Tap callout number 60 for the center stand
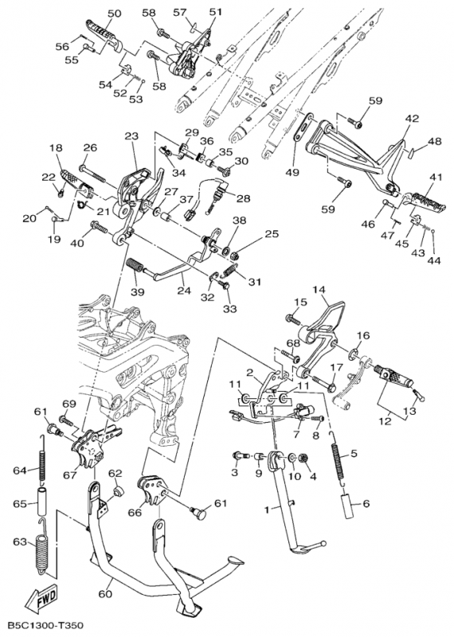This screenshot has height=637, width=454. [x=105, y=594]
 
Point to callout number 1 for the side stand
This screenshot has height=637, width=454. [x=267, y=509]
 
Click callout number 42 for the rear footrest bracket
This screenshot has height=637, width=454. [x=412, y=119]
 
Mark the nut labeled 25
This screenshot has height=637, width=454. [x=235, y=256]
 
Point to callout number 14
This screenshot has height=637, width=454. [x=319, y=291]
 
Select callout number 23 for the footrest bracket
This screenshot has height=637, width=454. [x=131, y=136]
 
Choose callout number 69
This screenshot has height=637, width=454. [x=69, y=404]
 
